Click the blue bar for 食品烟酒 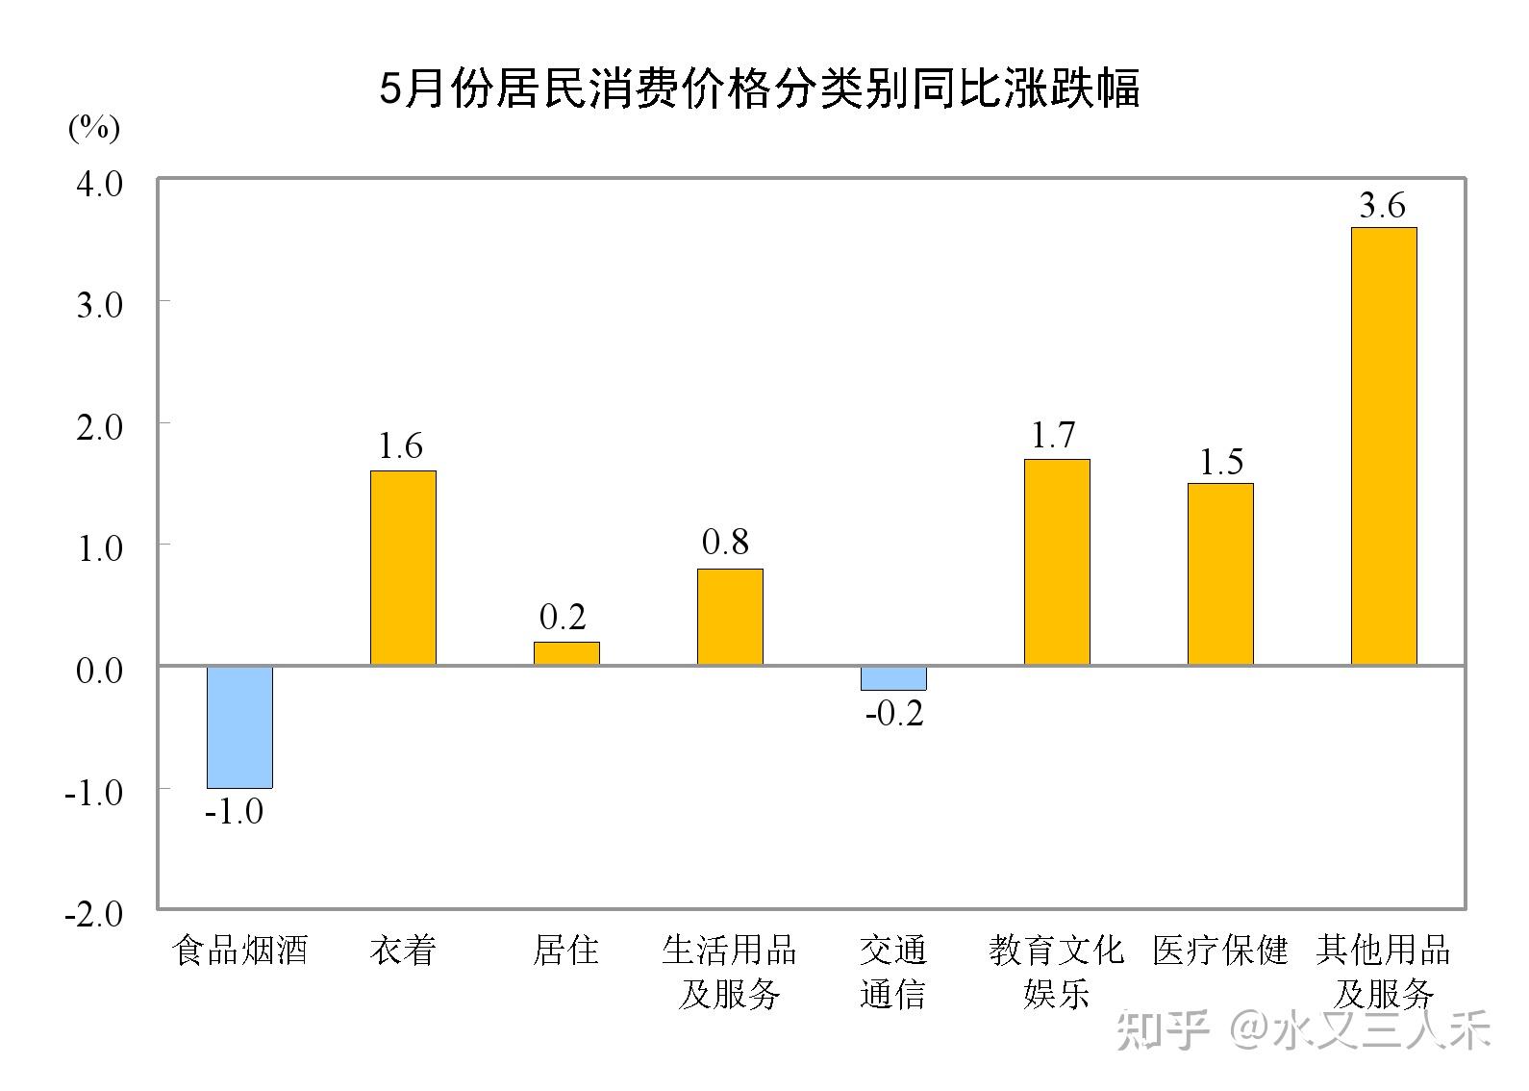pos(239,726)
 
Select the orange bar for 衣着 pos(403,568)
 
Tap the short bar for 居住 pos(566,653)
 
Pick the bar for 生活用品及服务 pos(730,617)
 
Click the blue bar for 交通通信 pos(893,677)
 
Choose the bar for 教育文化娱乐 pos(1057,562)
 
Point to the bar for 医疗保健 pos(1220,573)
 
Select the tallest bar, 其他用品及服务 pos(1384,446)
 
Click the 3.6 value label pos(1382,205)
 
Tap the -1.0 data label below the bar pos(234,811)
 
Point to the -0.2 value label pos(894,713)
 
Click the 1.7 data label pos(1053,436)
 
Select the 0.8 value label pos(725,543)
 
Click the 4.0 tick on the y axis pos(99,183)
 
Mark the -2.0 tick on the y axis pos(93,913)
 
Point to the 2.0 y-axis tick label pos(99,426)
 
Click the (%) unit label pos(93,127)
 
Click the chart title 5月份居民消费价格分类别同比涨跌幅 pos(760,89)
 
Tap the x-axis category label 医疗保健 pos(1220,951)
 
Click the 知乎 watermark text pos(1162,1031)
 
